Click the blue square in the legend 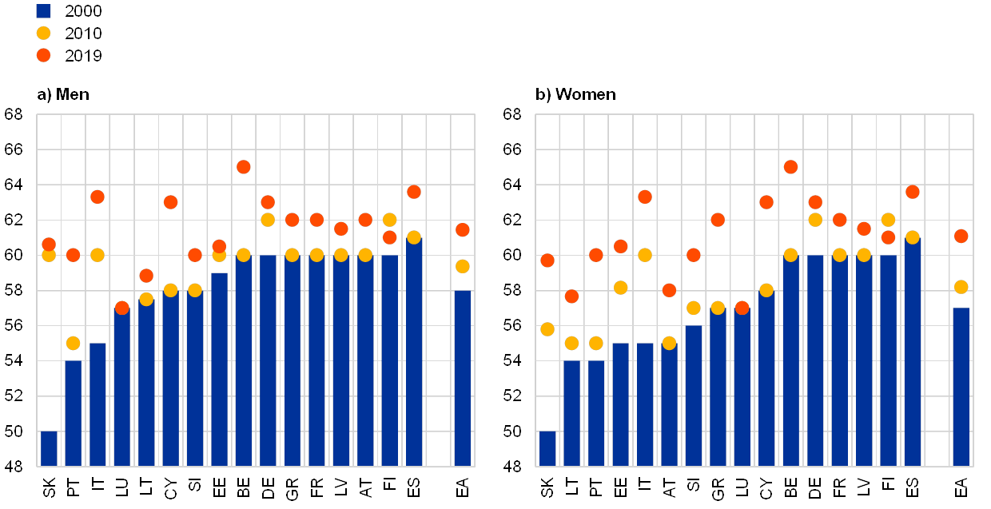coord(43,11)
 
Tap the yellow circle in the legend coord(43,34)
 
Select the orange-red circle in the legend coord(43,55)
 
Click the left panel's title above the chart coord(62,94)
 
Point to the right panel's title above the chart coord(576,94)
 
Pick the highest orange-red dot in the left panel coord(244,167)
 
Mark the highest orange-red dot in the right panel coord(790,167)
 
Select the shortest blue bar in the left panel coord(49,448)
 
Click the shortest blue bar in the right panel coord(547,448)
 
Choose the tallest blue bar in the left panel coord(414,352)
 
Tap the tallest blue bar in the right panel coord(913,352)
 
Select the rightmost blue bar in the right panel coord(961,387)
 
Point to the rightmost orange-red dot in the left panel coord(462,230)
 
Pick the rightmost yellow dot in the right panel coord(961,287)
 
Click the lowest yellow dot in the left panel coord(73,343)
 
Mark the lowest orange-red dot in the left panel coord(121,308)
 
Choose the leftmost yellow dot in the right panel coord(547,329)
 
